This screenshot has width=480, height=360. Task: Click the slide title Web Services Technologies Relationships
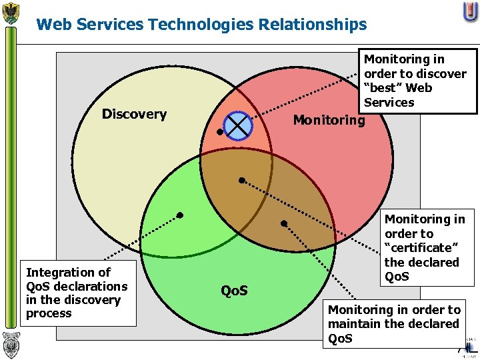point(201,25)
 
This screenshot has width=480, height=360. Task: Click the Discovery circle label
point(134,114)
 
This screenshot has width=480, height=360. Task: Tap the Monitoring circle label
point(329,120)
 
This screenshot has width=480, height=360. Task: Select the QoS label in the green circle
point(234,291)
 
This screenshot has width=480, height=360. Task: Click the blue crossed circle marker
point(238,125)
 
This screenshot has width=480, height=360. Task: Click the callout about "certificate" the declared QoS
point(425,247)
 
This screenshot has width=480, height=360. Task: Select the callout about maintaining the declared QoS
point(394,324)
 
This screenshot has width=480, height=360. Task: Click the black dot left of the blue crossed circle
point(220,131)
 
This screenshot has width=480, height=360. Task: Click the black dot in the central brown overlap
point(242,180)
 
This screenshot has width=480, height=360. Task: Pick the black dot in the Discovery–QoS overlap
point(179,215)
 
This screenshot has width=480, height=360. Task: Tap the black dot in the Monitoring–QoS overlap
point(283,223)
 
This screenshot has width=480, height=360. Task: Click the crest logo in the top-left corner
point(11,13)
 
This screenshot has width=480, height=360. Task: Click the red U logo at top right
point(469,12)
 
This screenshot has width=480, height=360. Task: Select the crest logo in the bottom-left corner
point(11,345)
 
